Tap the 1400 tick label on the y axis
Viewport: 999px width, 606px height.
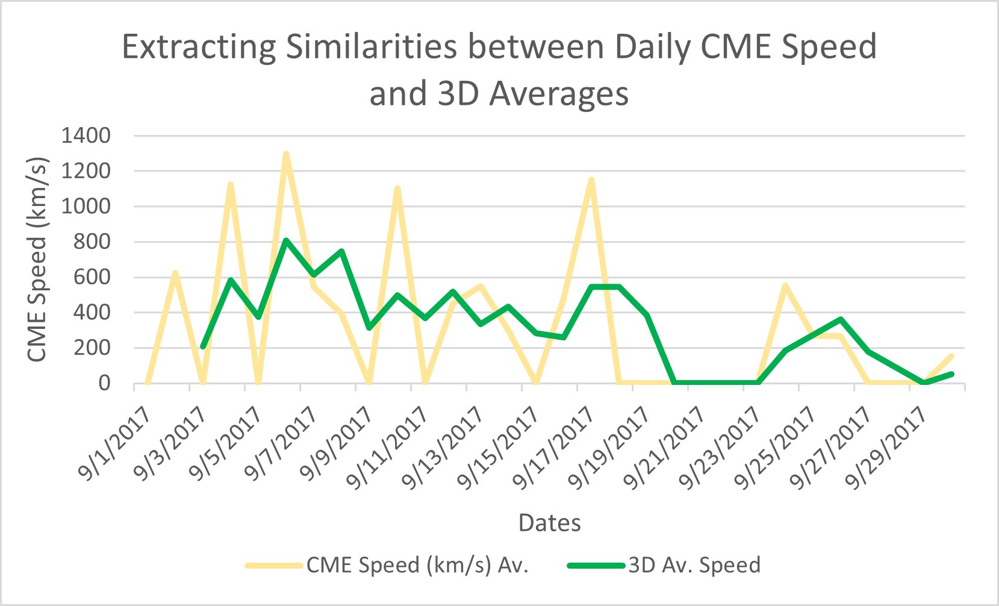point(86,136)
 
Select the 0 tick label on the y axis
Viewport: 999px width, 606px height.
point(104,383)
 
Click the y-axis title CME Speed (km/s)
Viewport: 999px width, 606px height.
point(37,259)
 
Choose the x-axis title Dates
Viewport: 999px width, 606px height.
point(550,522)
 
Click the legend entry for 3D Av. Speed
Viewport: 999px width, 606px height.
point(694,565)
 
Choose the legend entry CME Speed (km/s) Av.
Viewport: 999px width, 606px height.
point(417,565)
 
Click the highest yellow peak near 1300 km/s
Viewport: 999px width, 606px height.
point(286,154)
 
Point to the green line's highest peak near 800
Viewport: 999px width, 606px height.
point(286,240)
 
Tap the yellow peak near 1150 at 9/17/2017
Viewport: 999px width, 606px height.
point(591,180)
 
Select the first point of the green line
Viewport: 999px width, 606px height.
point(203,347)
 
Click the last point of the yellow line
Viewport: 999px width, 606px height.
point(952,355)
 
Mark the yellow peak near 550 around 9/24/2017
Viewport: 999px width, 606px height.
point(785,285)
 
